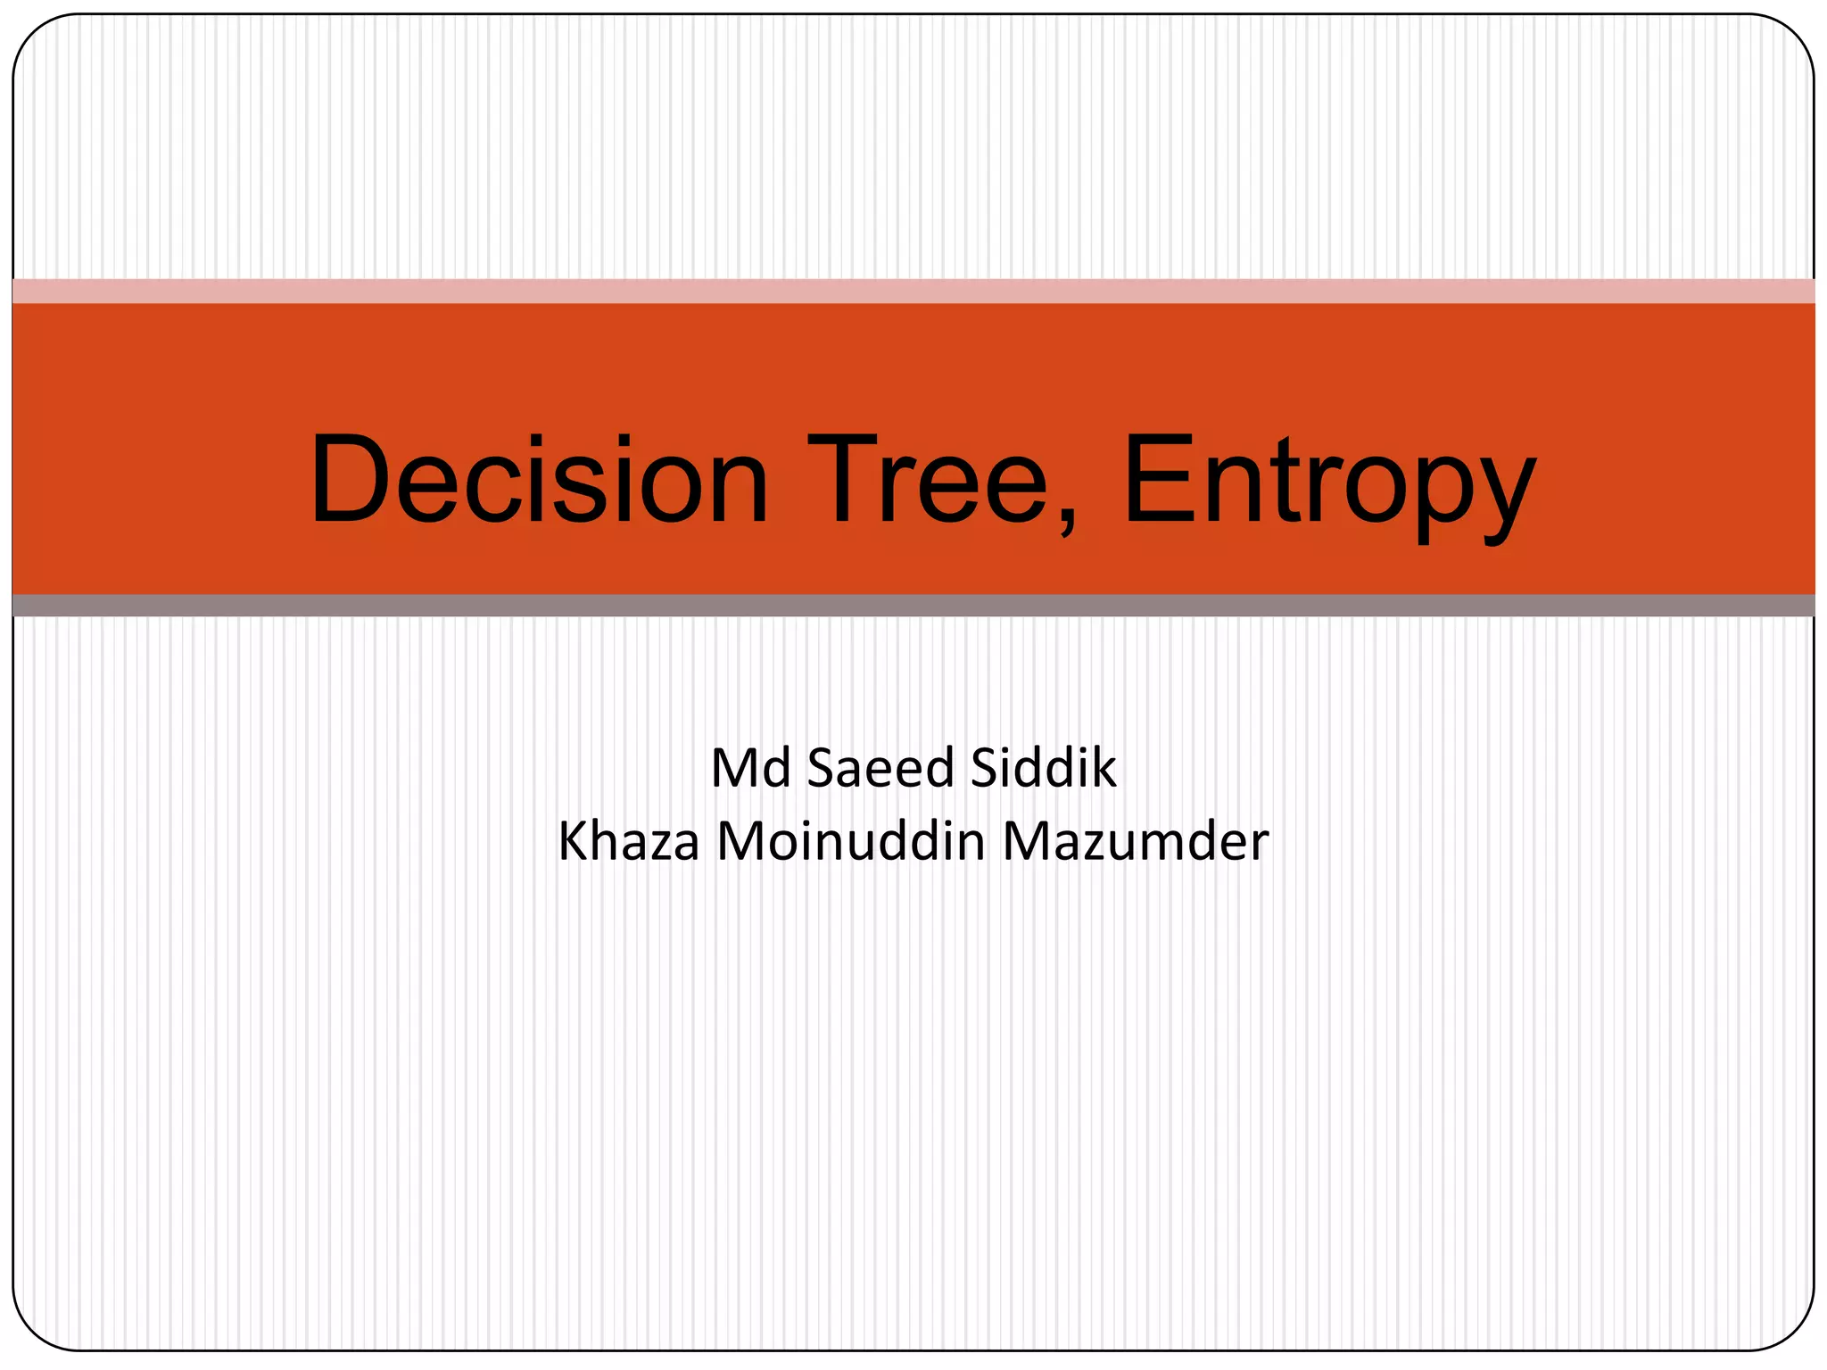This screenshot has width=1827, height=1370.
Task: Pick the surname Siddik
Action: coord(1043,768)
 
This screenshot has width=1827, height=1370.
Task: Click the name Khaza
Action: coord(629,841)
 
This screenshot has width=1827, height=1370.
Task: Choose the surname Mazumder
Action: coord(1136,841)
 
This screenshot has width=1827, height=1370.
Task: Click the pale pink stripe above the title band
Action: coord(913,291)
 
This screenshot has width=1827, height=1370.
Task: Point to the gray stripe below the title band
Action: coord(913,606)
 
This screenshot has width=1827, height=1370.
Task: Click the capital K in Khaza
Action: coord(573,841)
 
